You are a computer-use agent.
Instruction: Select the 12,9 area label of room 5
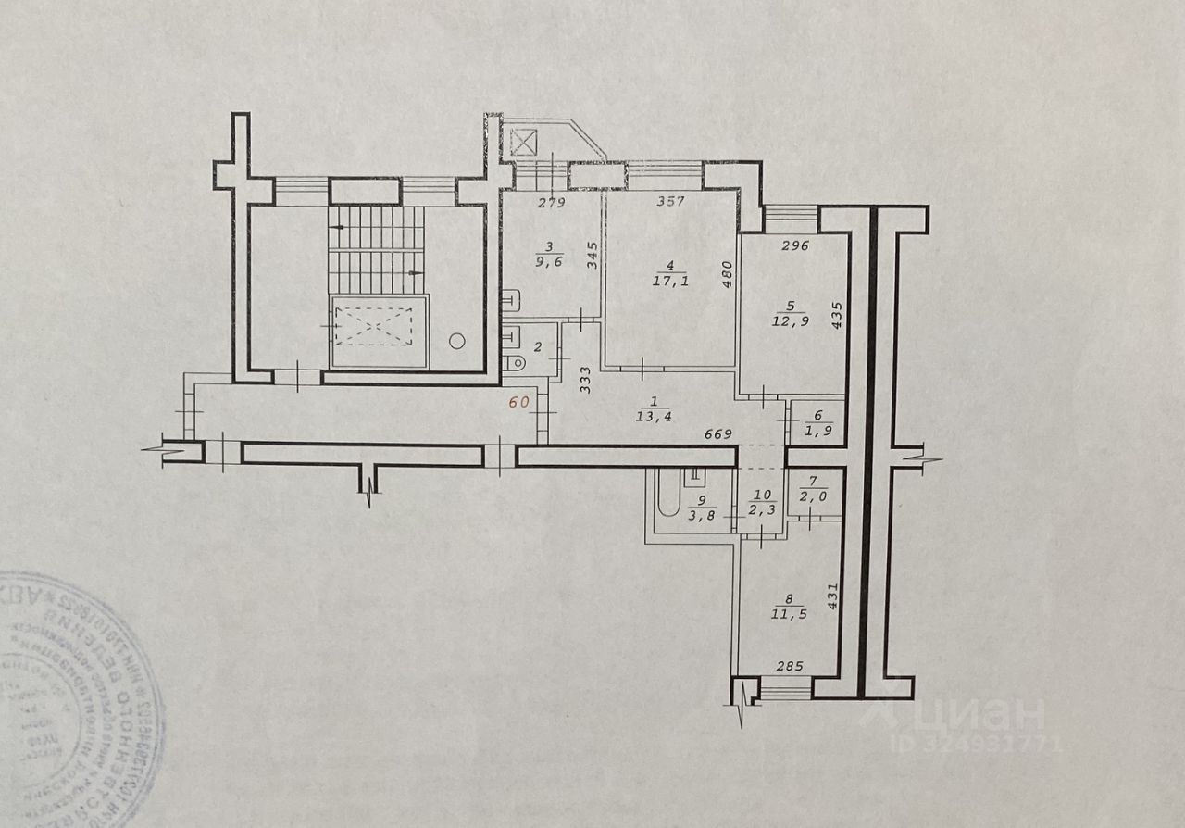[787, 320]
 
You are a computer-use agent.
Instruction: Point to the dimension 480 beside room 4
[727, 274]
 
